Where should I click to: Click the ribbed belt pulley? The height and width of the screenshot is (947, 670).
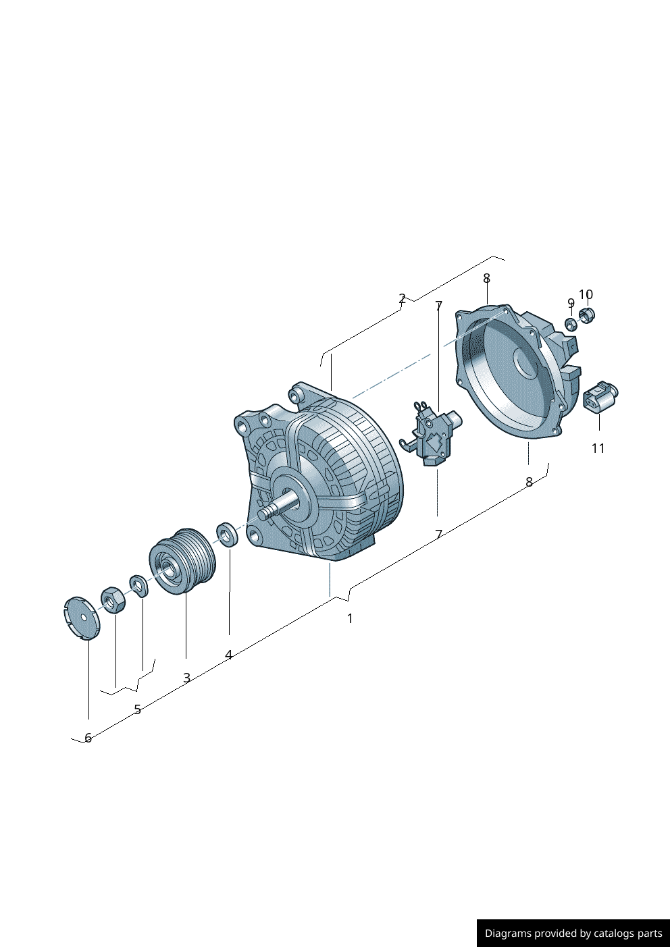[x=183, y=561]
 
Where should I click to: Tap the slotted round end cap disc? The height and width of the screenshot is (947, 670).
[x=82, y=618]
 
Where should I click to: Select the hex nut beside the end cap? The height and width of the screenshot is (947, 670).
[x=113, y=600]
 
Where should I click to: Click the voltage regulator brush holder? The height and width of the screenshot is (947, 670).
[x=432, y=434]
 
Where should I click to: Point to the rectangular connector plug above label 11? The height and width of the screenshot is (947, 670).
[x=600, y=396]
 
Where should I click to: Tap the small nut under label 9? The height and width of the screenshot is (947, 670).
[x=571, y=324]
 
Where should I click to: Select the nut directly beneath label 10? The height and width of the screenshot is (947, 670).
[x=587, y=315]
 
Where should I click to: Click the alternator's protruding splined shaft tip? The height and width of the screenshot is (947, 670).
[x=267, y=513]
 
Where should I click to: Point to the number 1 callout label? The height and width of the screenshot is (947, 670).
[x=350, y=618]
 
